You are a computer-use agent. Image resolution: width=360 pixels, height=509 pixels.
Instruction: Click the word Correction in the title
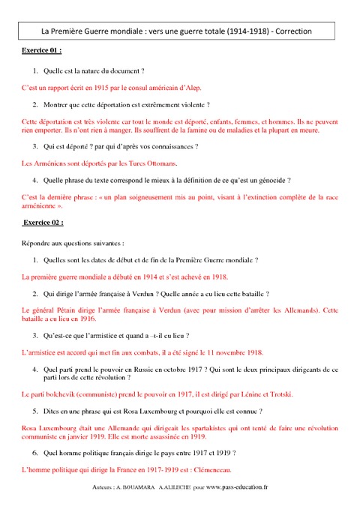coord(292,31)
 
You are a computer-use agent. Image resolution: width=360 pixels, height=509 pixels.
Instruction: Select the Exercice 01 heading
coord(40,51)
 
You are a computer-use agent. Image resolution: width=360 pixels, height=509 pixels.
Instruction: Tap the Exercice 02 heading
coord(43,223)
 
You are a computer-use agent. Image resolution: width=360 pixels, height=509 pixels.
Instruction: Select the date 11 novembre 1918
coord(225,352)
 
